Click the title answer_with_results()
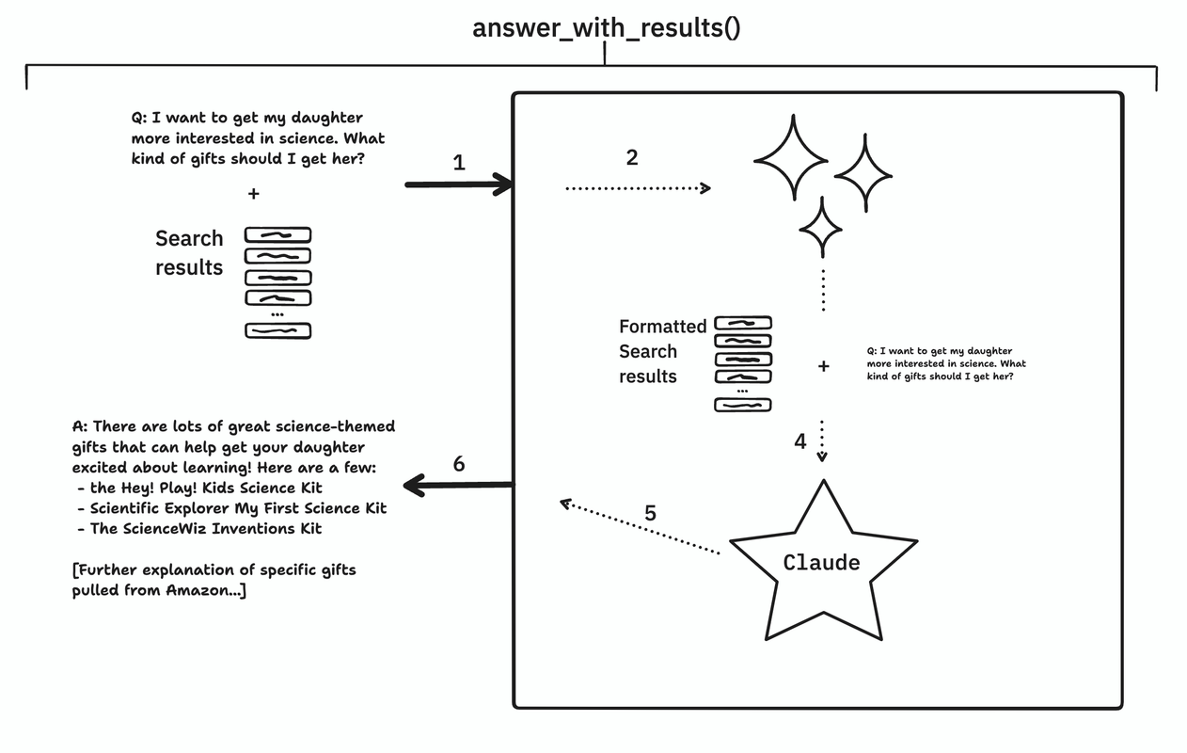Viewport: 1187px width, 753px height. (606, 27)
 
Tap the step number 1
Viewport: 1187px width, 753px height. (458, 162)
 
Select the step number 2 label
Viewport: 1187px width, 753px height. (631, 158)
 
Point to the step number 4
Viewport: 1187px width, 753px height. (799, 441)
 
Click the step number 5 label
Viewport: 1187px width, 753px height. (650, 513)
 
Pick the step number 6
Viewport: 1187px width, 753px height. (458, 464)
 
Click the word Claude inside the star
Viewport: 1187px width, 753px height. (821, 563)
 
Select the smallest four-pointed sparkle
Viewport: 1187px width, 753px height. (820, 227)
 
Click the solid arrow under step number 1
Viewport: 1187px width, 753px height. (458, 185)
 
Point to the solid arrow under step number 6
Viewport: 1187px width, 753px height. (458, 486)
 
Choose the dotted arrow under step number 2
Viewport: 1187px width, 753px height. (637, 189)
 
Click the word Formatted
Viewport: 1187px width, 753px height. (662, 327)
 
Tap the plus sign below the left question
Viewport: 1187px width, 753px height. (253, 194)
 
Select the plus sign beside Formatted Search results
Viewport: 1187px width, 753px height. (824, 366)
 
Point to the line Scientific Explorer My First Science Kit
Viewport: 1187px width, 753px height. (237, 508)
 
